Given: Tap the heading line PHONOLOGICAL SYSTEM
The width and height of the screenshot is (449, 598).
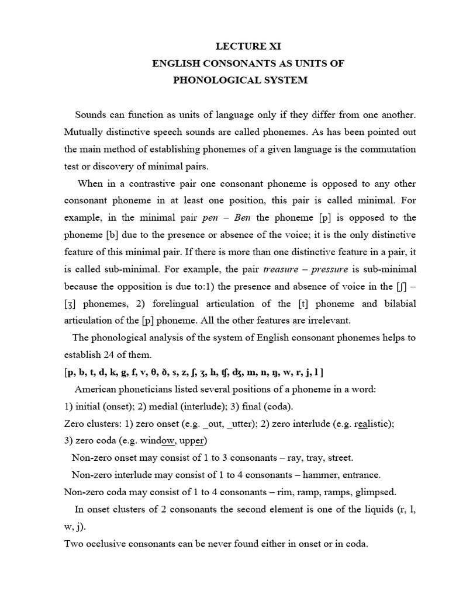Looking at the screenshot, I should pos(240,80).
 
